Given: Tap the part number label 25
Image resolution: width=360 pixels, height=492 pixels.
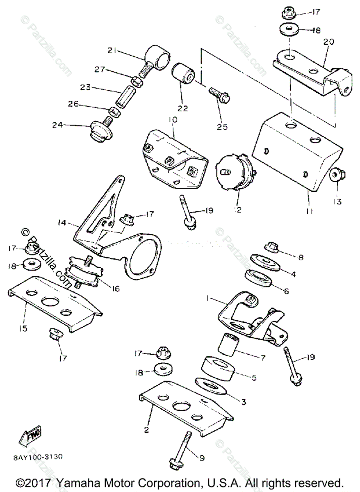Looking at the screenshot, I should [222, 127].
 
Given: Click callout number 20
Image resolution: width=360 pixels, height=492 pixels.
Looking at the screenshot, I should [329, 41].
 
